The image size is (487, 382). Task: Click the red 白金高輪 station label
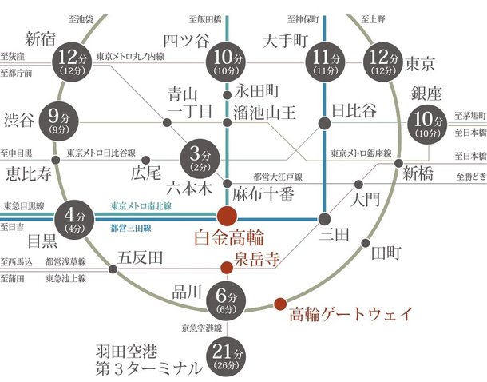tap(229, 239)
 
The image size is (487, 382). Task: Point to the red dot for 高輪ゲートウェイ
tap(279, 304)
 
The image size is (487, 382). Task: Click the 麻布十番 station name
tap(264, 193)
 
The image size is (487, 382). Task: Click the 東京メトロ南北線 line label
tap(141, 205)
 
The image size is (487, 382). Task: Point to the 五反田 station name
tap(141, 257)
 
